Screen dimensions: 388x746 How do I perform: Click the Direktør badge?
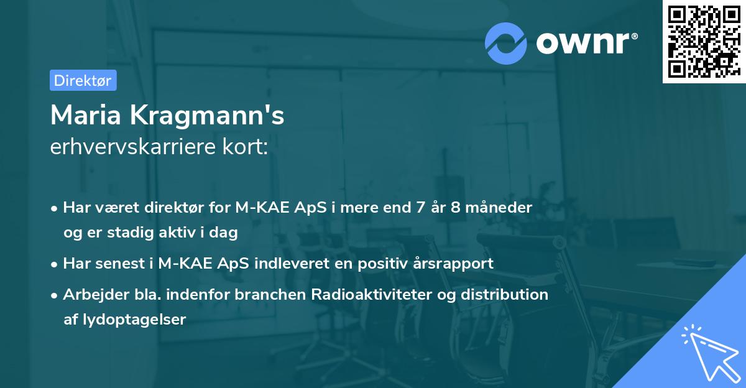point(83,80)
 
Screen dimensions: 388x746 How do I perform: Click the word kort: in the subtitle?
point(250,147)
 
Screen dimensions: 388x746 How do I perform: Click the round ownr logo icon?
point(505,43)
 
